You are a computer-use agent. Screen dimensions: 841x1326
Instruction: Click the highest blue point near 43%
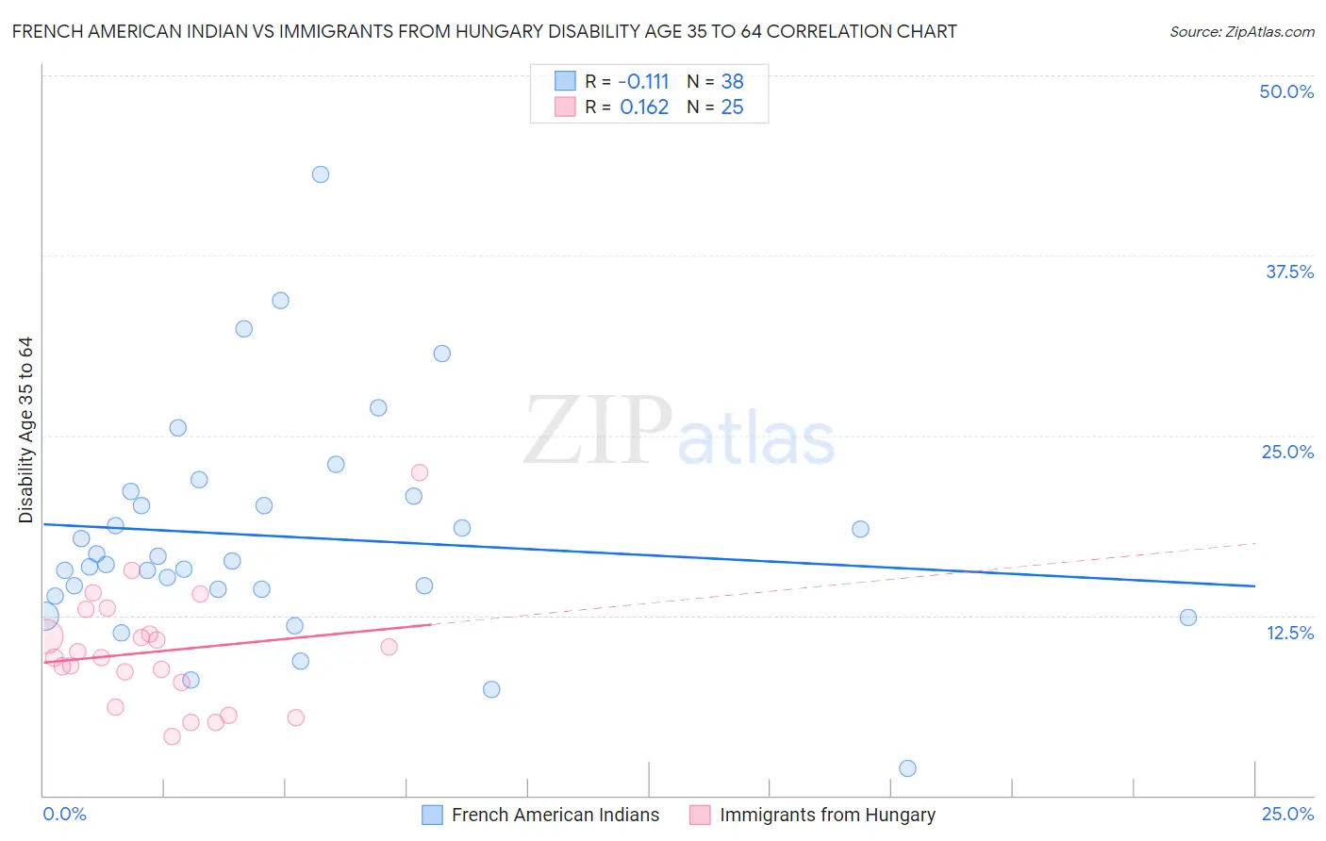(x=321, y=174)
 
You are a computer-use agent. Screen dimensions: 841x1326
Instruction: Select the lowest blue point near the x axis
(x=907, y=768)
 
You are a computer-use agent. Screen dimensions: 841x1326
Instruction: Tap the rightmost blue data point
(x=1188, y=618)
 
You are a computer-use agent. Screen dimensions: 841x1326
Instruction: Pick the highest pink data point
(x=420, y=472)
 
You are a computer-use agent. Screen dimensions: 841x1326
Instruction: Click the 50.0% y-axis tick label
(x=1286, y=91)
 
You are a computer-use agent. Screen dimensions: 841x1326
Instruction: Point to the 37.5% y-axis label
(x=1289, y=272)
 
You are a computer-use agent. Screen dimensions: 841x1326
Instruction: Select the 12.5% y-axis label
(x=1289, y=633)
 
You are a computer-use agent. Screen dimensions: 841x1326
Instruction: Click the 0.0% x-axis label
(x=64, y=814)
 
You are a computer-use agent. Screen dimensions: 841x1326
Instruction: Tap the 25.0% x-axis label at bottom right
(x=1287, y=814)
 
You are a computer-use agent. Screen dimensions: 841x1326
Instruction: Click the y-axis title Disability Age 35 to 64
(x=25, y=430)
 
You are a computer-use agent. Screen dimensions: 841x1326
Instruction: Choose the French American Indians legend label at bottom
(x=555, y=815)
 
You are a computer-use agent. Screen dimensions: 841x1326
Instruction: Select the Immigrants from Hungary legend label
(x=827, y=815)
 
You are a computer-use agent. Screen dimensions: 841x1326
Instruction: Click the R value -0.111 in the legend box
(x=643, y=81)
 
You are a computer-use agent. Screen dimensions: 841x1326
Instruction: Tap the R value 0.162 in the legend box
(x=644, y=107)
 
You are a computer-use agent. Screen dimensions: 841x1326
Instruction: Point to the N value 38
(x=732, y=81)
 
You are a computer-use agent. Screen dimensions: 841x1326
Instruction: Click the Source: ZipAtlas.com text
(x=1241, y=32)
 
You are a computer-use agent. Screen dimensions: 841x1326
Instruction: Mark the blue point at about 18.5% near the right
(x=860, y=529)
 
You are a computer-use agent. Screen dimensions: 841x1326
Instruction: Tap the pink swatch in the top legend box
(x=565, y=107)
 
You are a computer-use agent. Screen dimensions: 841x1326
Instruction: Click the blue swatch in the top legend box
(x=565, y=81)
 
